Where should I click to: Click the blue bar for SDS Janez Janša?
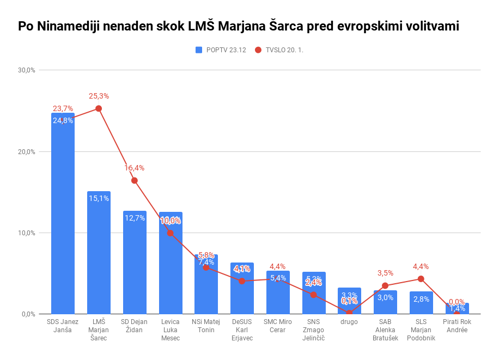[x=63, y=218]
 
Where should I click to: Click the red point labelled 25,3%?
[x=99, y=108]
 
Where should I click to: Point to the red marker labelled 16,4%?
[x=135, y=180]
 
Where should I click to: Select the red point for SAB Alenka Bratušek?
[x=385, y=285]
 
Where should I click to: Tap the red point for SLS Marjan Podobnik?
[x=421, y=279]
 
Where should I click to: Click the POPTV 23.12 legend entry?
[x=221, y=50]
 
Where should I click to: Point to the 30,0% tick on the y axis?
[x=27, y=70]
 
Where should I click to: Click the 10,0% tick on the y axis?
[x=27, y=233]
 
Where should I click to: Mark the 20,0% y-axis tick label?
[x=27, y=152]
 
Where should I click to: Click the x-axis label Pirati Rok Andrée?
[x=457, y=326]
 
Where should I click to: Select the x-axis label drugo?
[x=349, y=322]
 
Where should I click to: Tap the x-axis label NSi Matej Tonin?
[x=206, y=326]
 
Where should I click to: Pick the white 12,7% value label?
[x=135, y=218]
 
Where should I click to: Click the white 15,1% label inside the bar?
[x=99, y=198]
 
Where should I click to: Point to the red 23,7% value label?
[x=63, y=108]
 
